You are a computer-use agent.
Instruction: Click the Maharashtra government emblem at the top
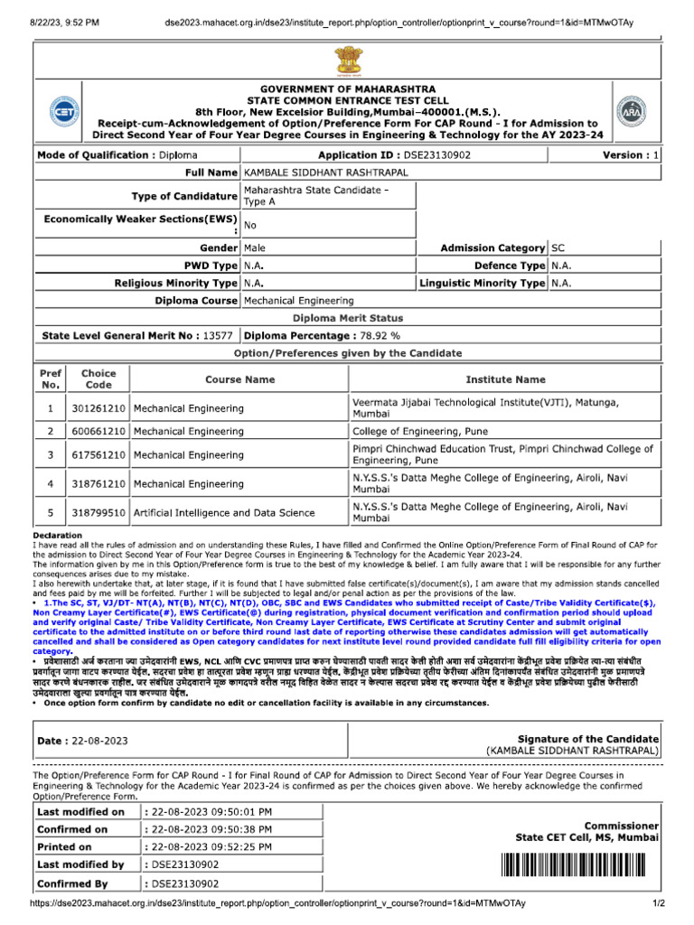[348, 61]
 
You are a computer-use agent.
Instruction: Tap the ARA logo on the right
[631, 112]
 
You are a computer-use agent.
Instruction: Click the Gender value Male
[255, 248]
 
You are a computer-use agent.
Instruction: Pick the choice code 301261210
[98, 408]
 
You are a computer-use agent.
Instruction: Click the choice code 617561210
[98, 454]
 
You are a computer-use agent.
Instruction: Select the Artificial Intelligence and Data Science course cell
[224, 513]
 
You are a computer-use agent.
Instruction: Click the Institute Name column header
[505, 380]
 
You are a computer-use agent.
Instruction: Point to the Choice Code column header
[98, 379]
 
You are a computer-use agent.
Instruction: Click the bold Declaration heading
[58, 536]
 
